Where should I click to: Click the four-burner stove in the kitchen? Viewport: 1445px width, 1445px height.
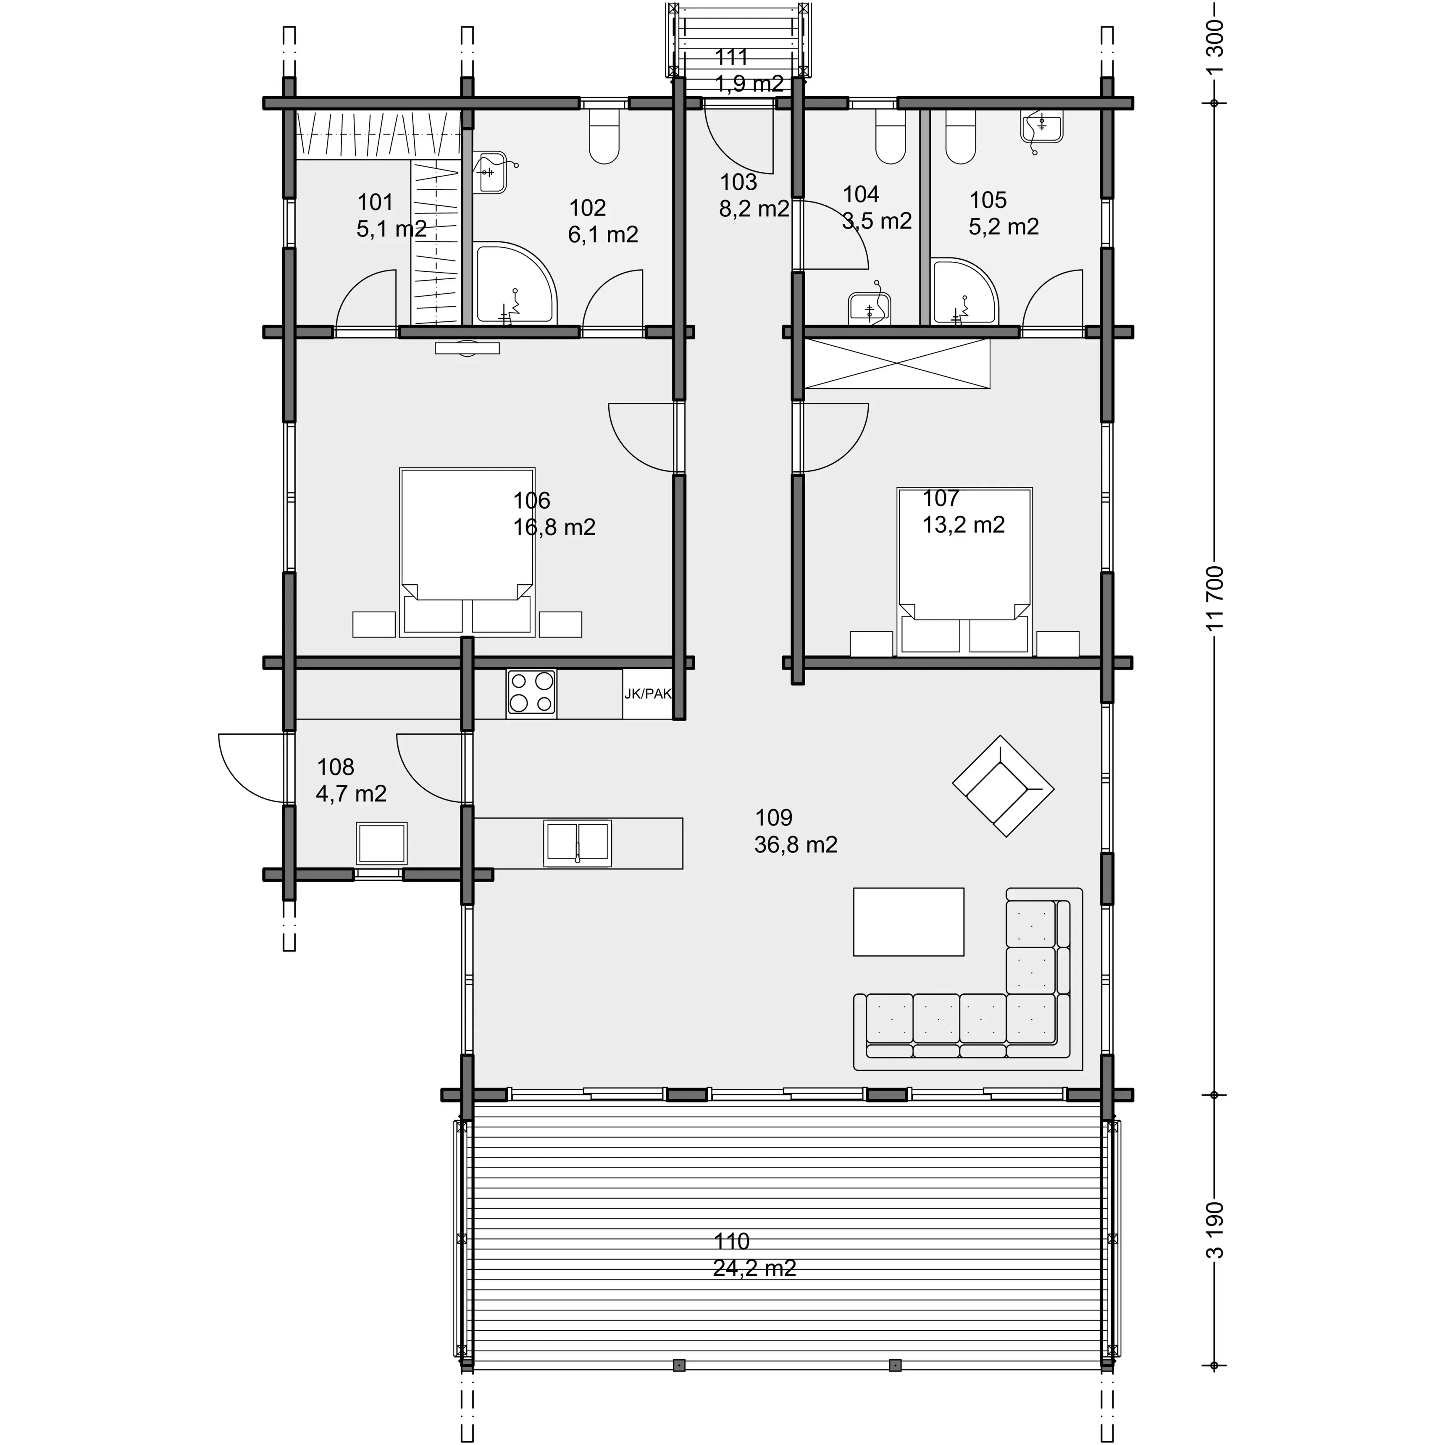(531, 693)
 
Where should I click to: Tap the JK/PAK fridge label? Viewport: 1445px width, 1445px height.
(648, 694)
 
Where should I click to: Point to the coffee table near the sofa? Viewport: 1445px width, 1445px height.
(908, 922)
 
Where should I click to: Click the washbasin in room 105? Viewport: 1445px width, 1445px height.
(1041, 127)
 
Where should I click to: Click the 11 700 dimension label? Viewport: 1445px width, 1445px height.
(1215, 598)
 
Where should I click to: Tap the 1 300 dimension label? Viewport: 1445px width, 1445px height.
(1215, 46)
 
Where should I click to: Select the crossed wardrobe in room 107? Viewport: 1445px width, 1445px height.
(897, 363)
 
